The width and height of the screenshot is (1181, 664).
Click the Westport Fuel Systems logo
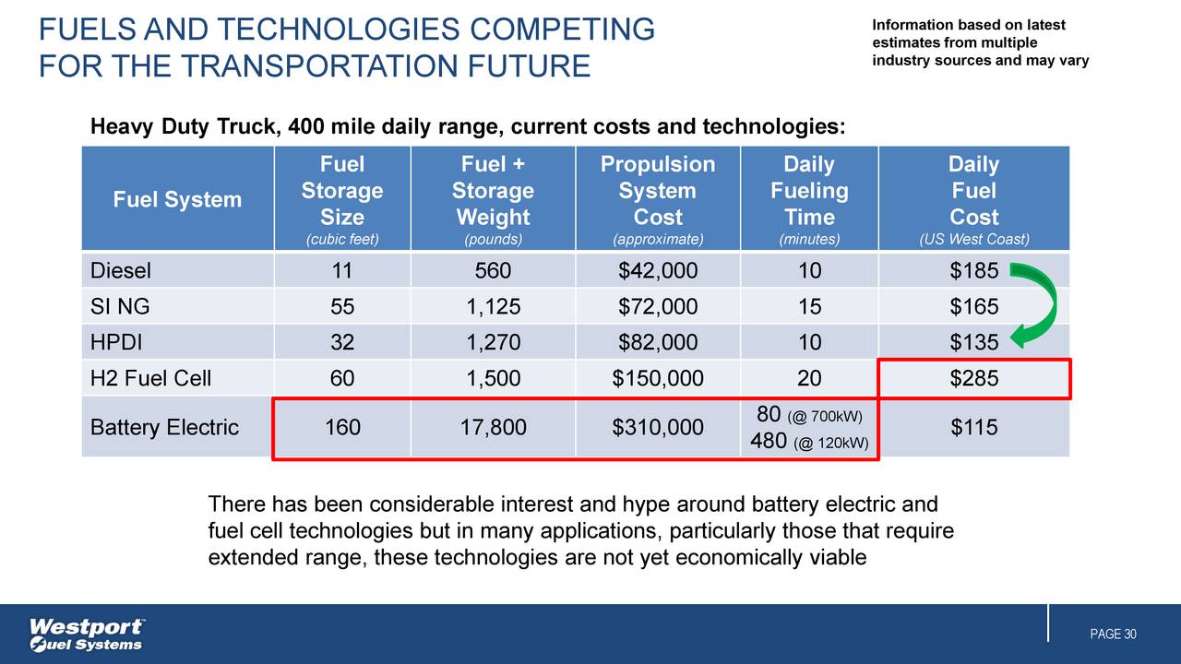click(87, 634)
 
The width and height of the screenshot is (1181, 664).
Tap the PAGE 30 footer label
click(1113, 634)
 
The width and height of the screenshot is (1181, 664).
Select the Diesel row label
click(121, 271)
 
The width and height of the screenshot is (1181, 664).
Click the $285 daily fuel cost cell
click(973, 378)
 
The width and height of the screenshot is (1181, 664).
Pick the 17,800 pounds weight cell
click(493, 428)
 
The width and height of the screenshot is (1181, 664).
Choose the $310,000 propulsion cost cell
click(657, 428)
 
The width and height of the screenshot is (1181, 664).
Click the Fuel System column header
click(177, 199)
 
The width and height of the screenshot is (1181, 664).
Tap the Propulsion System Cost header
click(657, 191)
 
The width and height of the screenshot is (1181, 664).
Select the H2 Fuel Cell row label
click(150, 378)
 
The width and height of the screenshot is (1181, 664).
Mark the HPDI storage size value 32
click(342, 343)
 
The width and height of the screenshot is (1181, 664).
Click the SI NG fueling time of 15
click(808, 307)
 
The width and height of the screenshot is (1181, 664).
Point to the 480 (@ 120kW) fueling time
click(809, 442)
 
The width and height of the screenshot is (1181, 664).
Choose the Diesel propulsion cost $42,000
click(657, 271)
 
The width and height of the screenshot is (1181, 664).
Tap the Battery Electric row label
click(164, 428)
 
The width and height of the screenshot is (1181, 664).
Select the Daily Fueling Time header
click(808, 191)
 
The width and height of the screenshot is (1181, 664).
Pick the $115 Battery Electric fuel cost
click(973, 428)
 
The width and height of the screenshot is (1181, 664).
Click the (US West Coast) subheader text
click(973, 240)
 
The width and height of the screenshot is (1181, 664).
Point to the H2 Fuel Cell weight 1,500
click(493, 378)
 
